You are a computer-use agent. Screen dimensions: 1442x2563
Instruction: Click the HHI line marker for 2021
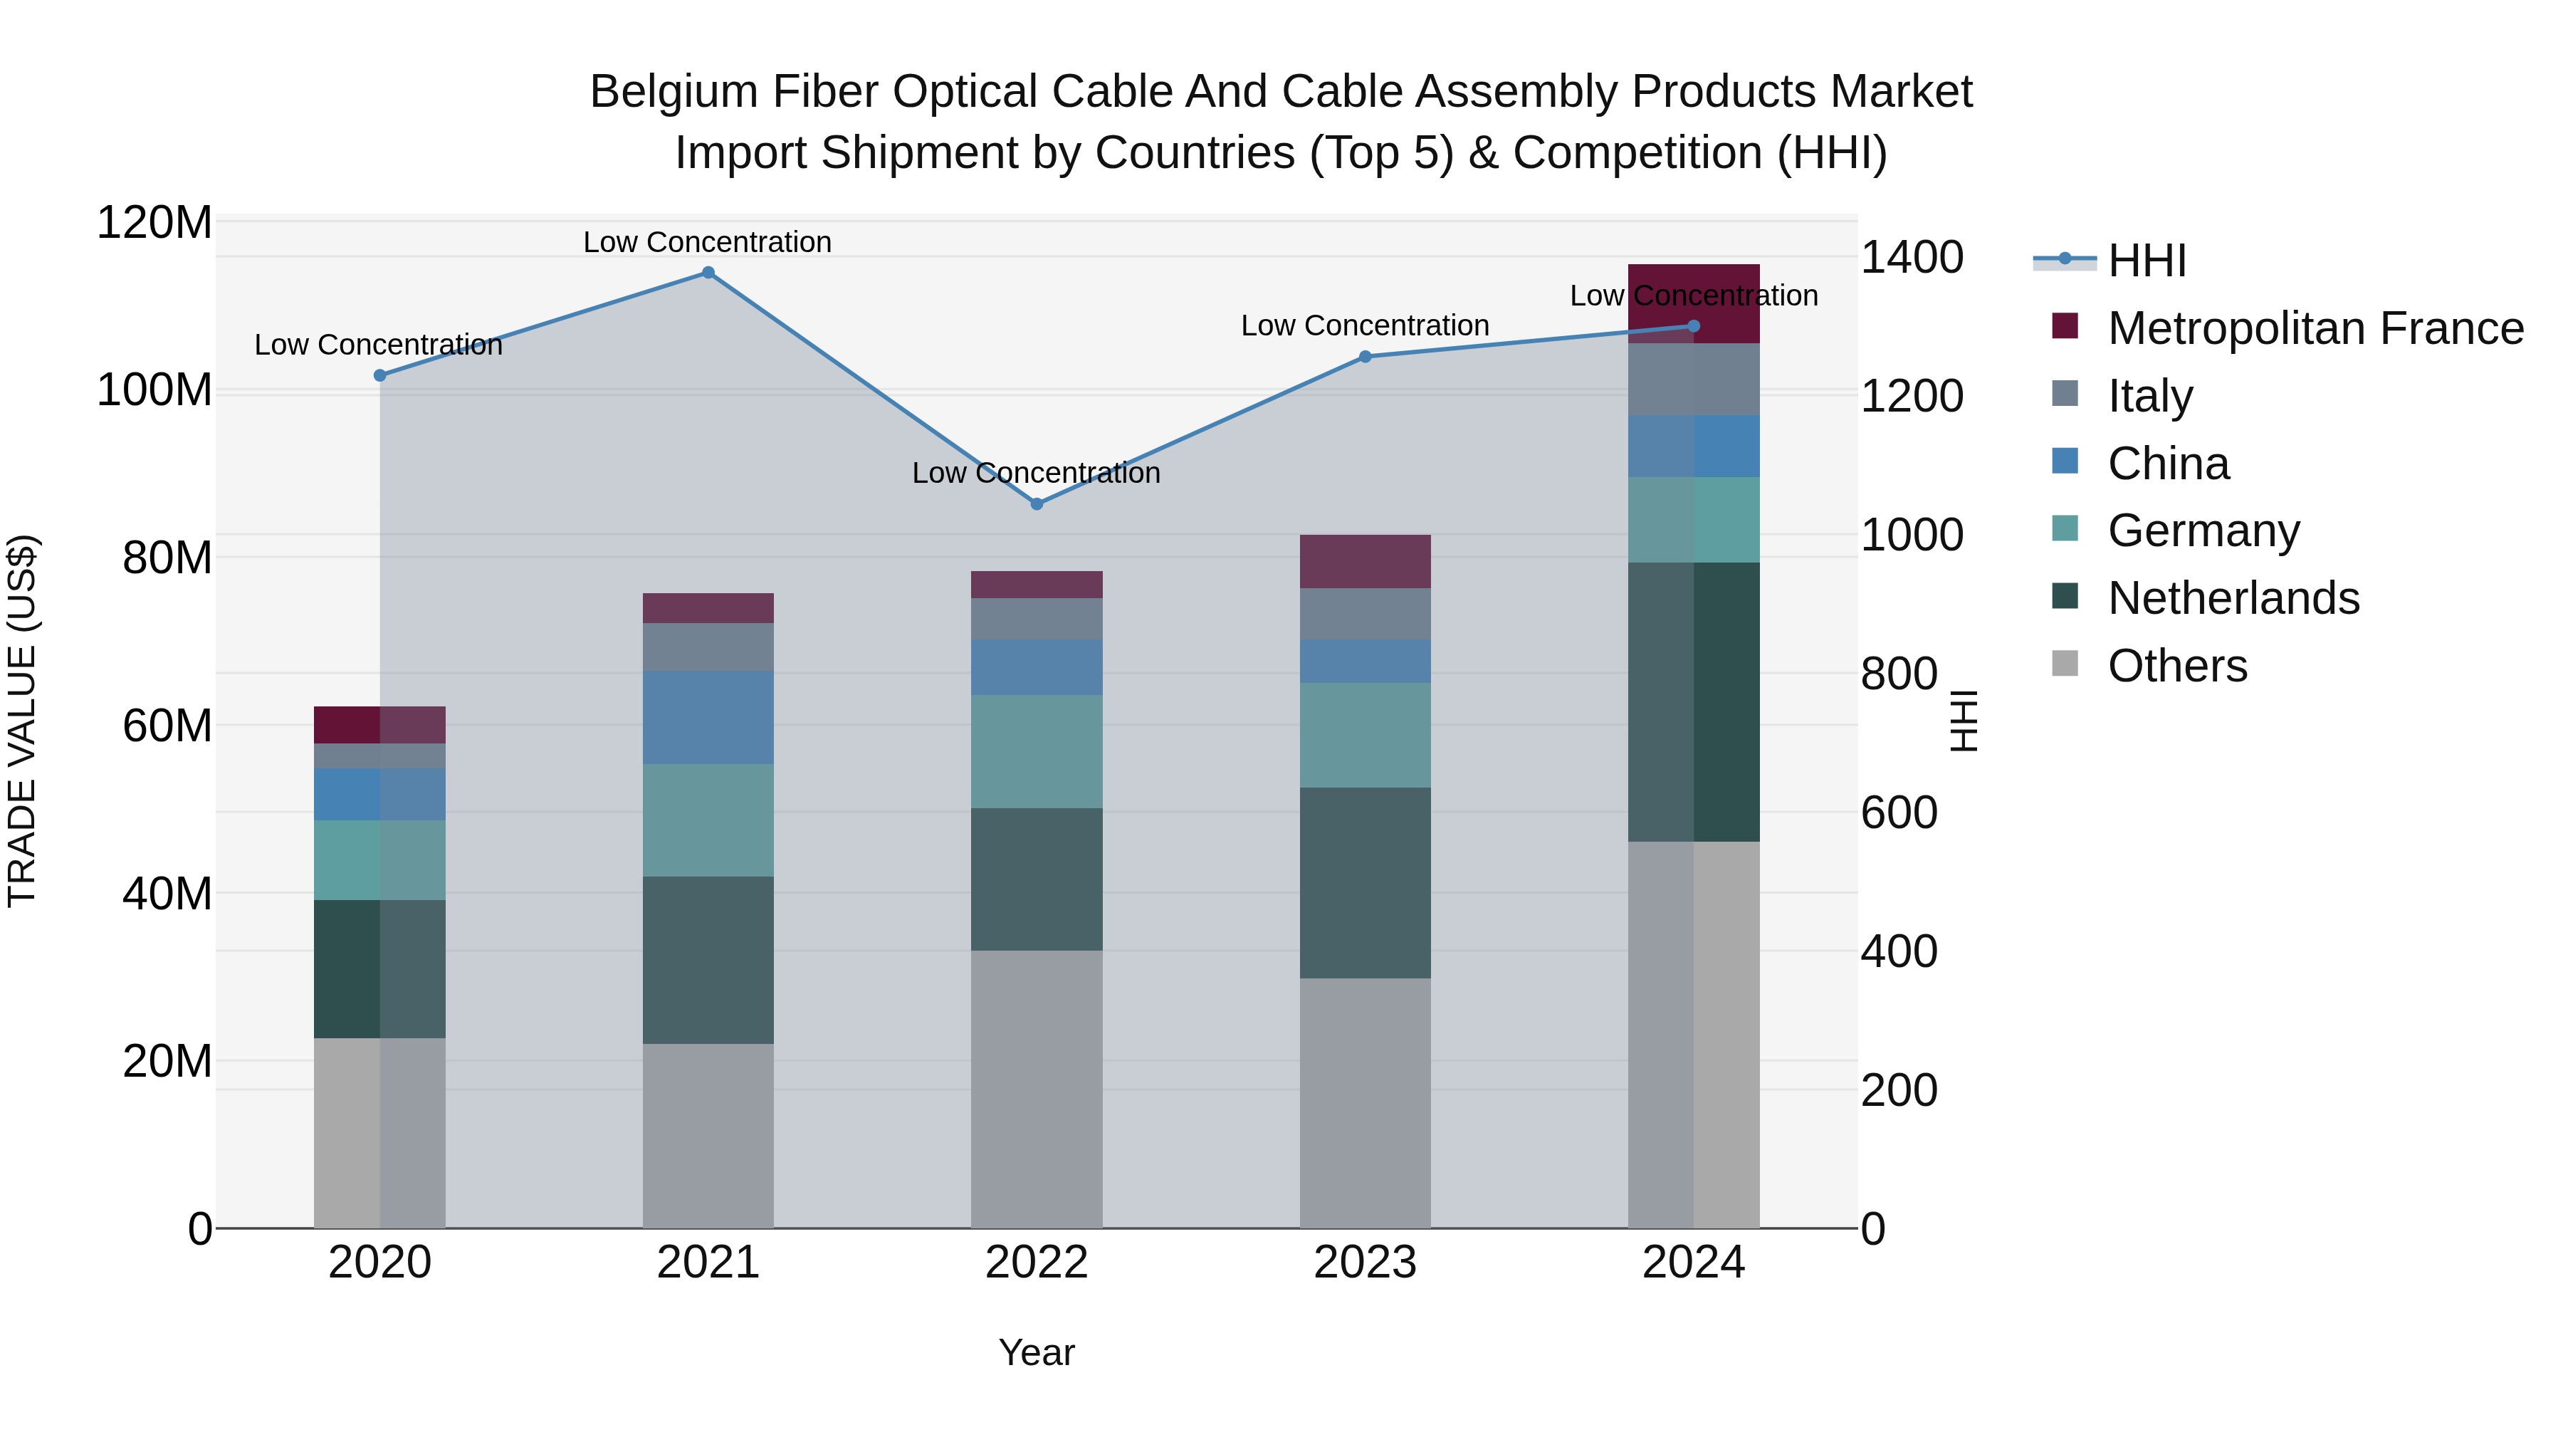pyautogui.click(x=708, y=273)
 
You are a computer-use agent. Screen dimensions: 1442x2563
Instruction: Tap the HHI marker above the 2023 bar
pyautogui.click(x=1365, y=356)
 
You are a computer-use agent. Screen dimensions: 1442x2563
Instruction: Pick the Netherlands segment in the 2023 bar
pyautogui.click(x=1365, y=883)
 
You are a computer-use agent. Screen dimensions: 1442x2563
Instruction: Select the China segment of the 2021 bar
pyautogui.click(x=708, y=718)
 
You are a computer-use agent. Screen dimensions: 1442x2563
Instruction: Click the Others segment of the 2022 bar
pyautogui.click(x=1037, y=1089)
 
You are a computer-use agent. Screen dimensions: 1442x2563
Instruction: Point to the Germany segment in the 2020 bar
pyautogui.click(x=379, y=860)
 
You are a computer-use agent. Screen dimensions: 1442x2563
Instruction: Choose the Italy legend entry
pyautogui.click(x=2149, y=396)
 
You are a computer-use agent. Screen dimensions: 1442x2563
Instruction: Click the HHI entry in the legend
pyautogui.click(x=2146, y=261)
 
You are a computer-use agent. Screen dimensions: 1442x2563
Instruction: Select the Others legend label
pyautogui.click(x=2177, y=666)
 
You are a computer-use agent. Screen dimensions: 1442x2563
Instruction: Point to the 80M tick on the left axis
pyautogui.click(x=166, y=558)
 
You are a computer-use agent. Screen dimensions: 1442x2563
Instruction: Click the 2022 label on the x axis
pyautogui.click(x=1037, y=1263)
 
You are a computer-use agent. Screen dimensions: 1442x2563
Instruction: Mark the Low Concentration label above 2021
pyautogui.click(x=708, y=242)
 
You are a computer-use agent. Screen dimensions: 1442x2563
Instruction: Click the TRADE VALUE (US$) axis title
pyautogui.click(x=22, y=721)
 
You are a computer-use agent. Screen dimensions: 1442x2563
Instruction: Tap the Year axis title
pyautogui.click(x=1037, y=1352)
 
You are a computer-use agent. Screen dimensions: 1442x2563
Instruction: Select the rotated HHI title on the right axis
pyautogui.click(x=1963, y=721)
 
